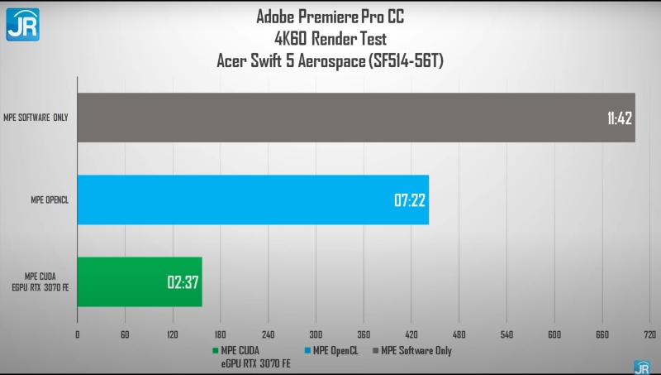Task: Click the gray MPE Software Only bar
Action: point(355,117)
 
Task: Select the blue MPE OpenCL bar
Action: point(253,200)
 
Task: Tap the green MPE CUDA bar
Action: point(139,282)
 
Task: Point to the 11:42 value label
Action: point(617,118)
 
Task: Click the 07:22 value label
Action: point(410,200)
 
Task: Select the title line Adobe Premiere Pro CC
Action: point(330,16)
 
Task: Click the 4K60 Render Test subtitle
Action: point(330,37)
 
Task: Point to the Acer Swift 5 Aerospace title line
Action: point(330,60)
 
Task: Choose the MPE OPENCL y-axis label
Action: point(49,200)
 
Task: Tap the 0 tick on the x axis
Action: point(78,335)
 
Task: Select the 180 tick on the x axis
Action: point(221,335)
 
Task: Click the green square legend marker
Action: point(215,351)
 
